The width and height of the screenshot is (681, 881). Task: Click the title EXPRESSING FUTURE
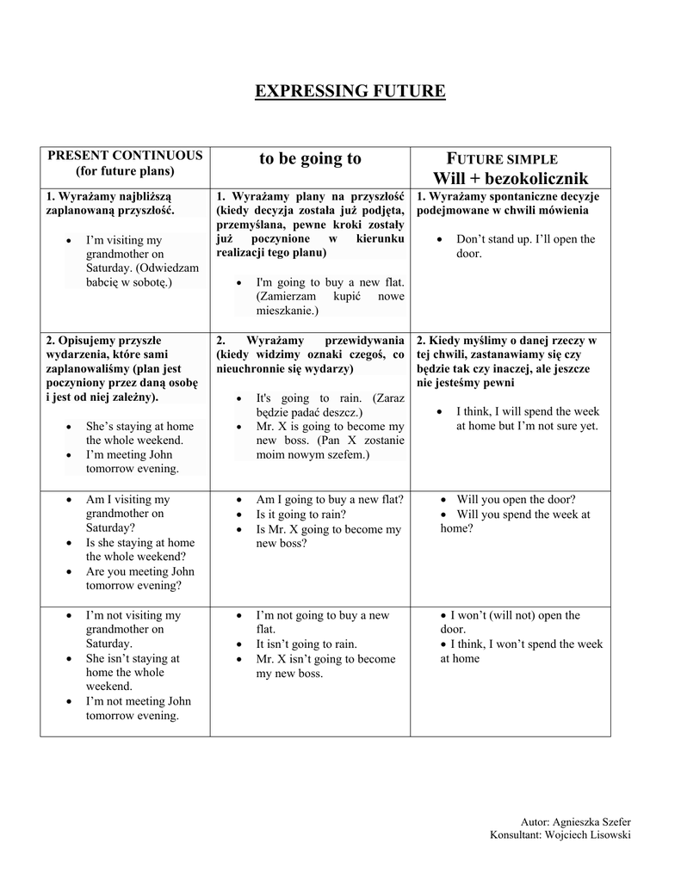[350, 90]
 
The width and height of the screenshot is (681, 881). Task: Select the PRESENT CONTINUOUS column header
[125, 155]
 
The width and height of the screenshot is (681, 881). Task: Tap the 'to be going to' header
[310, 158]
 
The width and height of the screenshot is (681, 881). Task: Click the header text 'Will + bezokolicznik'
[511, 178]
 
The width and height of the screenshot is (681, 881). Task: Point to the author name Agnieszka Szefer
[591, 822]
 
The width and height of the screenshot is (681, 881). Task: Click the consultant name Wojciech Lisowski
[583, 835]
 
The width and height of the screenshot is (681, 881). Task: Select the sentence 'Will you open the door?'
[516, 499]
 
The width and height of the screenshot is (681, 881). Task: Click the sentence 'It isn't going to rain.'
[306, 644]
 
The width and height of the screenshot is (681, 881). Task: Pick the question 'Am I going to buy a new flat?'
[330, 499]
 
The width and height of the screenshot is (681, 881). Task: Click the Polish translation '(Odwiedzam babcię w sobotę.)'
[142, 274]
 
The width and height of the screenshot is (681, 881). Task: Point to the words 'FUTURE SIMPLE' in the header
[503, 159]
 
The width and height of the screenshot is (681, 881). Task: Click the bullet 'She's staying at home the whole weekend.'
[139, 433]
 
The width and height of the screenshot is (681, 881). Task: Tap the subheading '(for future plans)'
[125, 170]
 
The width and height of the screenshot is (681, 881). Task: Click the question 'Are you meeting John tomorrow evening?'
[139, 578]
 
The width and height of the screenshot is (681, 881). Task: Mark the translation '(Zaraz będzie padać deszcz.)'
[330, 405]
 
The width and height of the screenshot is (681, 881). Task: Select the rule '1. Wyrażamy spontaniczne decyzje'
[508, 196]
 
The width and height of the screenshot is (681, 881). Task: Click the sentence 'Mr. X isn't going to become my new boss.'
[325, 666]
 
